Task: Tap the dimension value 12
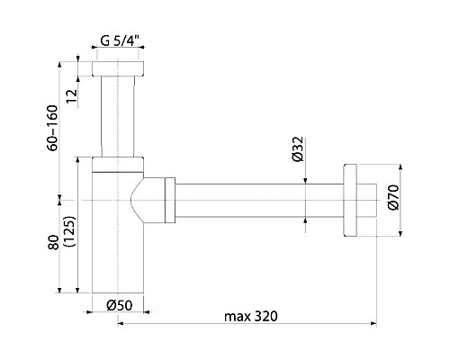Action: coord(72,96)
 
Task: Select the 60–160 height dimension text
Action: coord(52,128)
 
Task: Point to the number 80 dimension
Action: coord(53,242)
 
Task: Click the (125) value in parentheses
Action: coord(70,231)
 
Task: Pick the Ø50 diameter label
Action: coord(119,305)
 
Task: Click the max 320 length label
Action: coord(251,316)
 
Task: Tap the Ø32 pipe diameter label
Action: coord(299,149)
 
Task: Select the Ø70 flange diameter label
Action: coord(393,197)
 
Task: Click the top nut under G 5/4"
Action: coord(118,68)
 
